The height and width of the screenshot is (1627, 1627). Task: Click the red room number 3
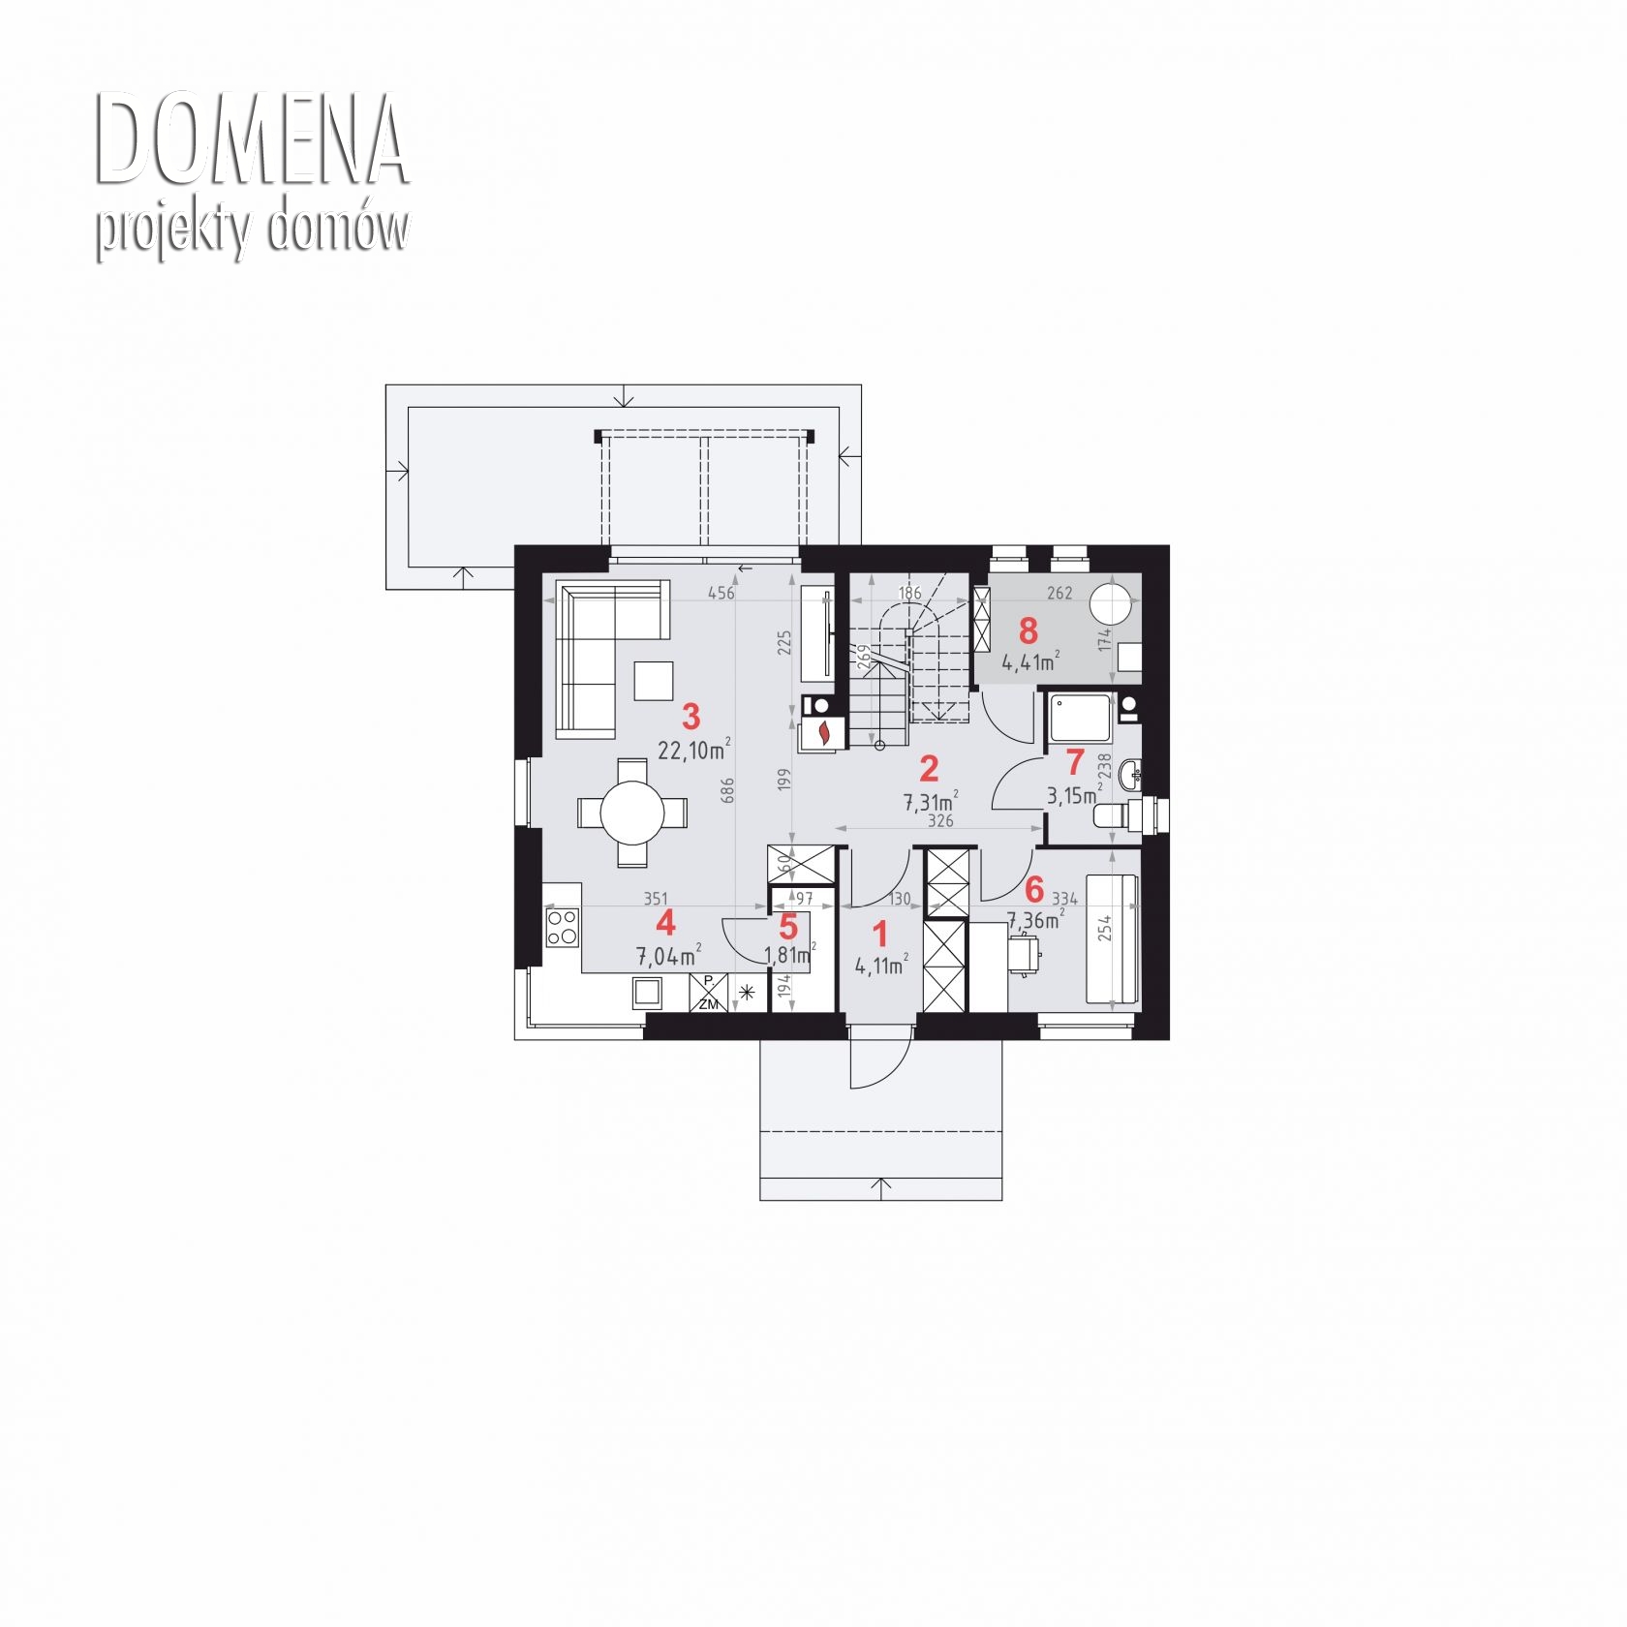tap(691, 717)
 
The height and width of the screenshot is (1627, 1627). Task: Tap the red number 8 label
tap(1028, 631)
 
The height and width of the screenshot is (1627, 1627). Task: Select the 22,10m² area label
tap(693, 750)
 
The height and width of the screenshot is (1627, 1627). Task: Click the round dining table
tap(632, 813)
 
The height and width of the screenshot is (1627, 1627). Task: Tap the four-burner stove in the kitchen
tap(562, 926)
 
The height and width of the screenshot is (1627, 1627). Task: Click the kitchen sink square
tap(648, 993)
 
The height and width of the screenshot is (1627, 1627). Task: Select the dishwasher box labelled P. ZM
tap(708, 993)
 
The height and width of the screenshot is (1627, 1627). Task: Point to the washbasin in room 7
tap(1129, 773)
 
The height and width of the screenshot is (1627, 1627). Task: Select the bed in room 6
tap(1112, 938)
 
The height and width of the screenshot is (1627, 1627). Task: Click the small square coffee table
tap(654, 680)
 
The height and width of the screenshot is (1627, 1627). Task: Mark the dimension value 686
tap(728, 790)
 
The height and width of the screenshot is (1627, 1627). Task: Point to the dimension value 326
tap(940, 820)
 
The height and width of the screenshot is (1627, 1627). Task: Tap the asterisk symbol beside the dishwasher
tap(748, 992)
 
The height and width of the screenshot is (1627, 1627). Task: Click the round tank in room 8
tap(1113, 603)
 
